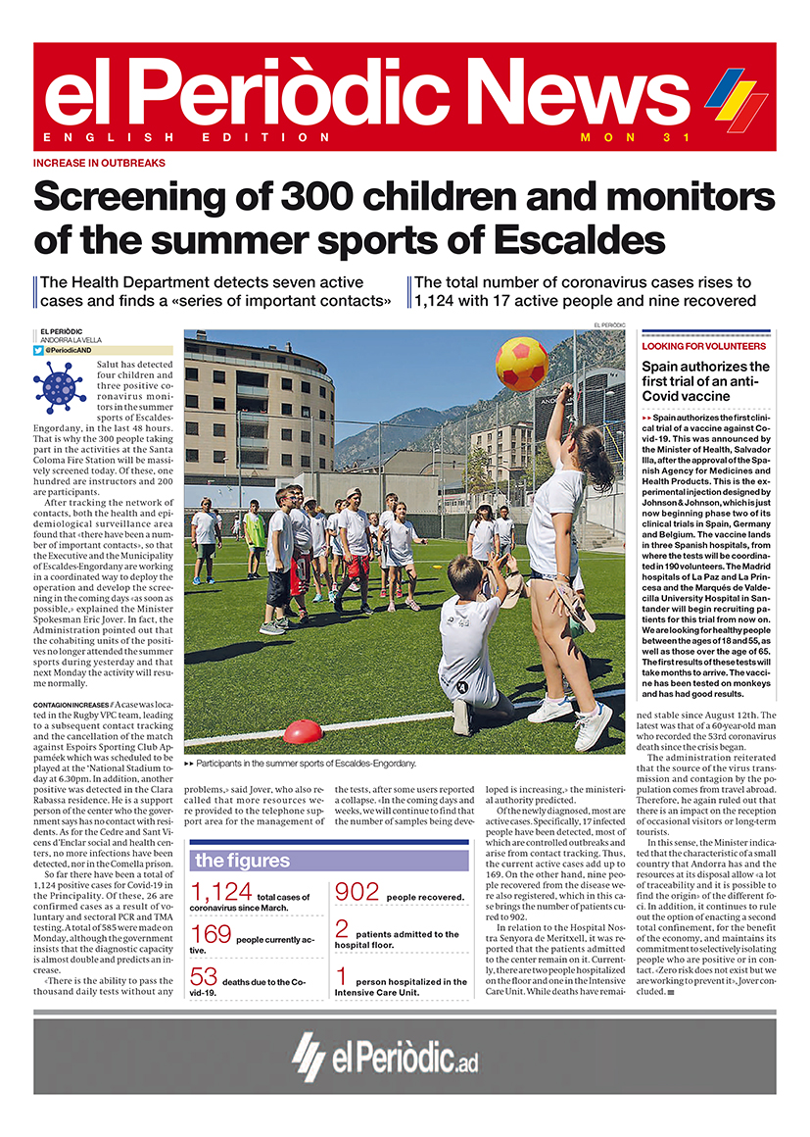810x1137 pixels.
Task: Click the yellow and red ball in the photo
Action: click(522, 364)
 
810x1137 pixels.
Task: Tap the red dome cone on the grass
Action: click(303, 731)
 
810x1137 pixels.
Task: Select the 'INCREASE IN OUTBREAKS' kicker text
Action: click(99, 164)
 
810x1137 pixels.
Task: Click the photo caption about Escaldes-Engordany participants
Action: click(305, 763)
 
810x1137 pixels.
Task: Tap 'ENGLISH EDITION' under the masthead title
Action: click(187, 137)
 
